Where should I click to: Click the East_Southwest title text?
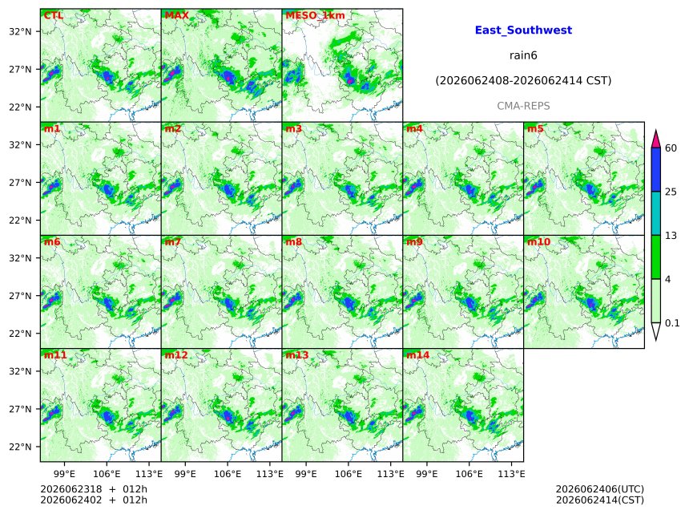click(x=523, y=30)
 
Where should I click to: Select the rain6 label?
click(x=523, y=55)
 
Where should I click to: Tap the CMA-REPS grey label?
click(x=523, y=106)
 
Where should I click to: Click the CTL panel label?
click(x=54, y=15)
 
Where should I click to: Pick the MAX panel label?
click(x=176, y=15)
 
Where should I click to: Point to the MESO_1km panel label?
click(x=315, y=15)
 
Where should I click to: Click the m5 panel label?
click(x=536, y=129)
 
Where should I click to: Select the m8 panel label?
click(x=294, y=242)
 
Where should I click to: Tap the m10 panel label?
click(x=538, y=242)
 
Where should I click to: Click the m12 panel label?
click(x=176, y=355)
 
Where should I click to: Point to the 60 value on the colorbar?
click(x=671, y=148)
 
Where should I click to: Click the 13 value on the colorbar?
click(x=671, y=236)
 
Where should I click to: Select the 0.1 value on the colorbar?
click(x=672, y=323)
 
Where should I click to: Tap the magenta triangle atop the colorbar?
click(x=656, y=139)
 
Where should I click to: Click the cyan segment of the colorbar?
click(x=656, y=213)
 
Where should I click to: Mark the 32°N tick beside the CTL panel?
click(x=20, y=31)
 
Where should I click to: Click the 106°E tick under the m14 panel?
click(x=469, y=474)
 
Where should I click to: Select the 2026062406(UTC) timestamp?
click(x=600, y=489)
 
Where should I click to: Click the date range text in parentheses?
click(x=523, y=81)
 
